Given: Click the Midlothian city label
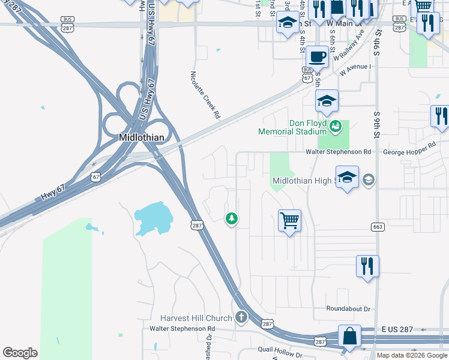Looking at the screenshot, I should pos(141,137).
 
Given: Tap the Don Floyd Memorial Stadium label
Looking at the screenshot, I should pos(292,127).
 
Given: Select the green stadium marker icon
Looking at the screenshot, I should pos(336,125).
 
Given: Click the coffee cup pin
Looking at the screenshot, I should pos(317,58).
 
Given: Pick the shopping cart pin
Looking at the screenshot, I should pos(289,221).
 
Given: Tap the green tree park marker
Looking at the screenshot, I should pos(231,218).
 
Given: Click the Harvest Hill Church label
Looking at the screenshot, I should pos(196,318).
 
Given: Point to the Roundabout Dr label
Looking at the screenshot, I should pos(349,308).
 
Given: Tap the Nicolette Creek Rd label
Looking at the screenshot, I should pos(205,95).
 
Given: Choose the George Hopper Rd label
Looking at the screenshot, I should pos(409,149).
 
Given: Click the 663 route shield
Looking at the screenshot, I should pos(377,226).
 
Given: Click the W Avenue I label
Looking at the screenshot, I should pos(355,70).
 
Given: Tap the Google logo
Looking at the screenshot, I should pos(20,353).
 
